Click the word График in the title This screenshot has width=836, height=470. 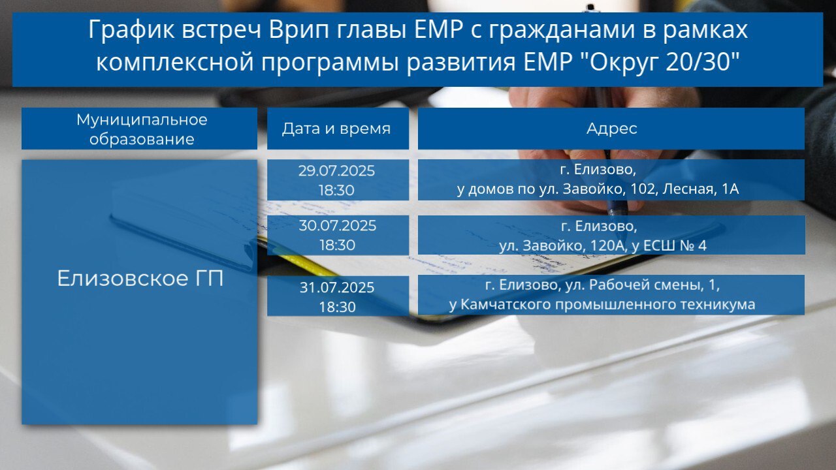pos(131,30)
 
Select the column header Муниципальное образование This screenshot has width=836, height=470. pos(142,129)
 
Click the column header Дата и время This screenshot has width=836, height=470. pos(336,129)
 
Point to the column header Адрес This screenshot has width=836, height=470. pos(612,129)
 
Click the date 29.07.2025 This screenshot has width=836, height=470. pos(336,171)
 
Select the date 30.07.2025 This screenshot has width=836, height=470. pos(338,226)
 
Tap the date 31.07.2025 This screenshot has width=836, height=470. pos(337,288)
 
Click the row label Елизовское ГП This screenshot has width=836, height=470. pos(140,278)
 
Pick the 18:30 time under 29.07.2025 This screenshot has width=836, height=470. pos(336,190)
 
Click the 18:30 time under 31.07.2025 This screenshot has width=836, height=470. pos(338,307)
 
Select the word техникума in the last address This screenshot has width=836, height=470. pos(719,304)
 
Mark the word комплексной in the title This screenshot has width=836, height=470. pos(175,62)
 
